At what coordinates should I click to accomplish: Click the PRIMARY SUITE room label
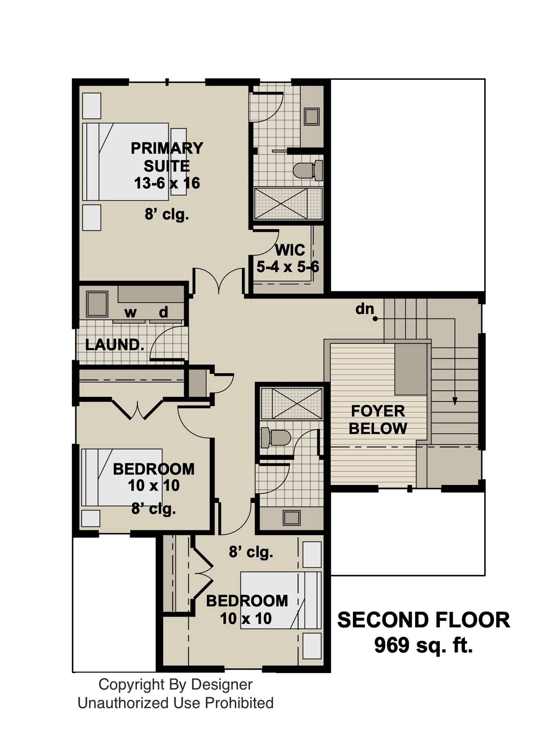click(166, 157)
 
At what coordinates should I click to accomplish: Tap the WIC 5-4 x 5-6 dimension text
click(287, 267)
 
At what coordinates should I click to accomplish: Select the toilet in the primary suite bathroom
click(307, 171)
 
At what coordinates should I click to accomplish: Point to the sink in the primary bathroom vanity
click(312, 117)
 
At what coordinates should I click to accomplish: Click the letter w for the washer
click(130, 312)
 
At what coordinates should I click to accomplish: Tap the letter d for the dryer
click(163, 312)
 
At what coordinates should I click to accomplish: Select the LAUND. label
click(114, 345)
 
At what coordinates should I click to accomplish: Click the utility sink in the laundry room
click(97, 304)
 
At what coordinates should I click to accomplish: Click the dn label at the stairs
click(364, 308)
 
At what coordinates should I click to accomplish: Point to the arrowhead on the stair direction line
click(455, 401)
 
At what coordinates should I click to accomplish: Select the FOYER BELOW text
click(377, 420)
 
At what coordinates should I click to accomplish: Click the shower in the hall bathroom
click(291, 403)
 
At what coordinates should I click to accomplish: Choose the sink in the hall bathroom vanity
click(291, 518)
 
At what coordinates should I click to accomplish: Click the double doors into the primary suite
click(219, 281)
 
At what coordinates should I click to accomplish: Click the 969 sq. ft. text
click(423, 646)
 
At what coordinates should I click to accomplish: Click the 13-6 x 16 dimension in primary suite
click(167, 183)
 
